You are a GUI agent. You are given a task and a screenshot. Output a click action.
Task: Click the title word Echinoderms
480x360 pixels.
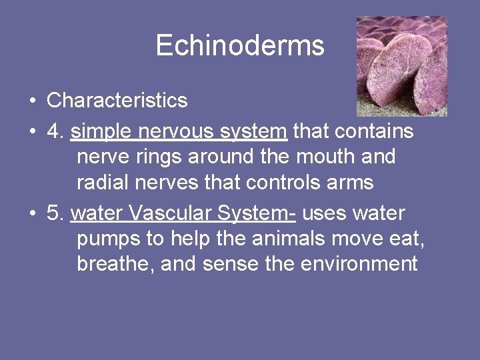pos(240,45)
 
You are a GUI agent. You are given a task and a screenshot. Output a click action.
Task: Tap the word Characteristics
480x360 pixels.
pos(117,101)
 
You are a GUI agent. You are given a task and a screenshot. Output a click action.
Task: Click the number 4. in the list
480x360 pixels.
pos(55,131)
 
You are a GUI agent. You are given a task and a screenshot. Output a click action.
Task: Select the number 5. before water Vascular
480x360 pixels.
pos(55,213)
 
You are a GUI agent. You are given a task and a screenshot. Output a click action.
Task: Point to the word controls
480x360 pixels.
pos(287,182)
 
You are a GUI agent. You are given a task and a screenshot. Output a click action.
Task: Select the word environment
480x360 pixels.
pos(359,264)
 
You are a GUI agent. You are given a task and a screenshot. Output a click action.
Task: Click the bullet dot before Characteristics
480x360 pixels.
pos(32,101)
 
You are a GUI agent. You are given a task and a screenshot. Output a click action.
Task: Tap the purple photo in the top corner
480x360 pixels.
pos(401,66)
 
